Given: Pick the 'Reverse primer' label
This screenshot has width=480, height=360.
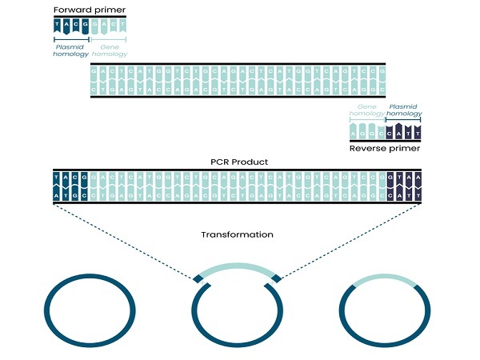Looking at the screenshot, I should pyautogui.click(x=385, y=149).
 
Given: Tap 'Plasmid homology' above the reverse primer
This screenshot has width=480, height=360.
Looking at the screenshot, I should pyautogui.click(x=405, y=110).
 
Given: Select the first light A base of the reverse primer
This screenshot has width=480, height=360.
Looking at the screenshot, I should pyautogui.click(x=356, y=130).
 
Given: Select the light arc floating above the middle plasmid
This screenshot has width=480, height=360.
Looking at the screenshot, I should pyautogui.click(x=236, y=268).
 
